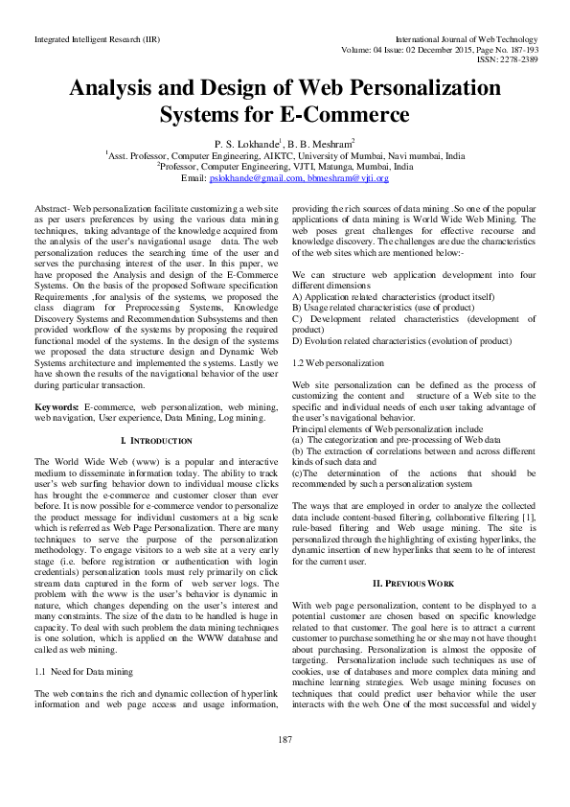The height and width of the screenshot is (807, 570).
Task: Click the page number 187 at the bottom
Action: (285, 766)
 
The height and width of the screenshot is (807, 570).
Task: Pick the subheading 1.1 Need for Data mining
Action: (84, 672)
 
